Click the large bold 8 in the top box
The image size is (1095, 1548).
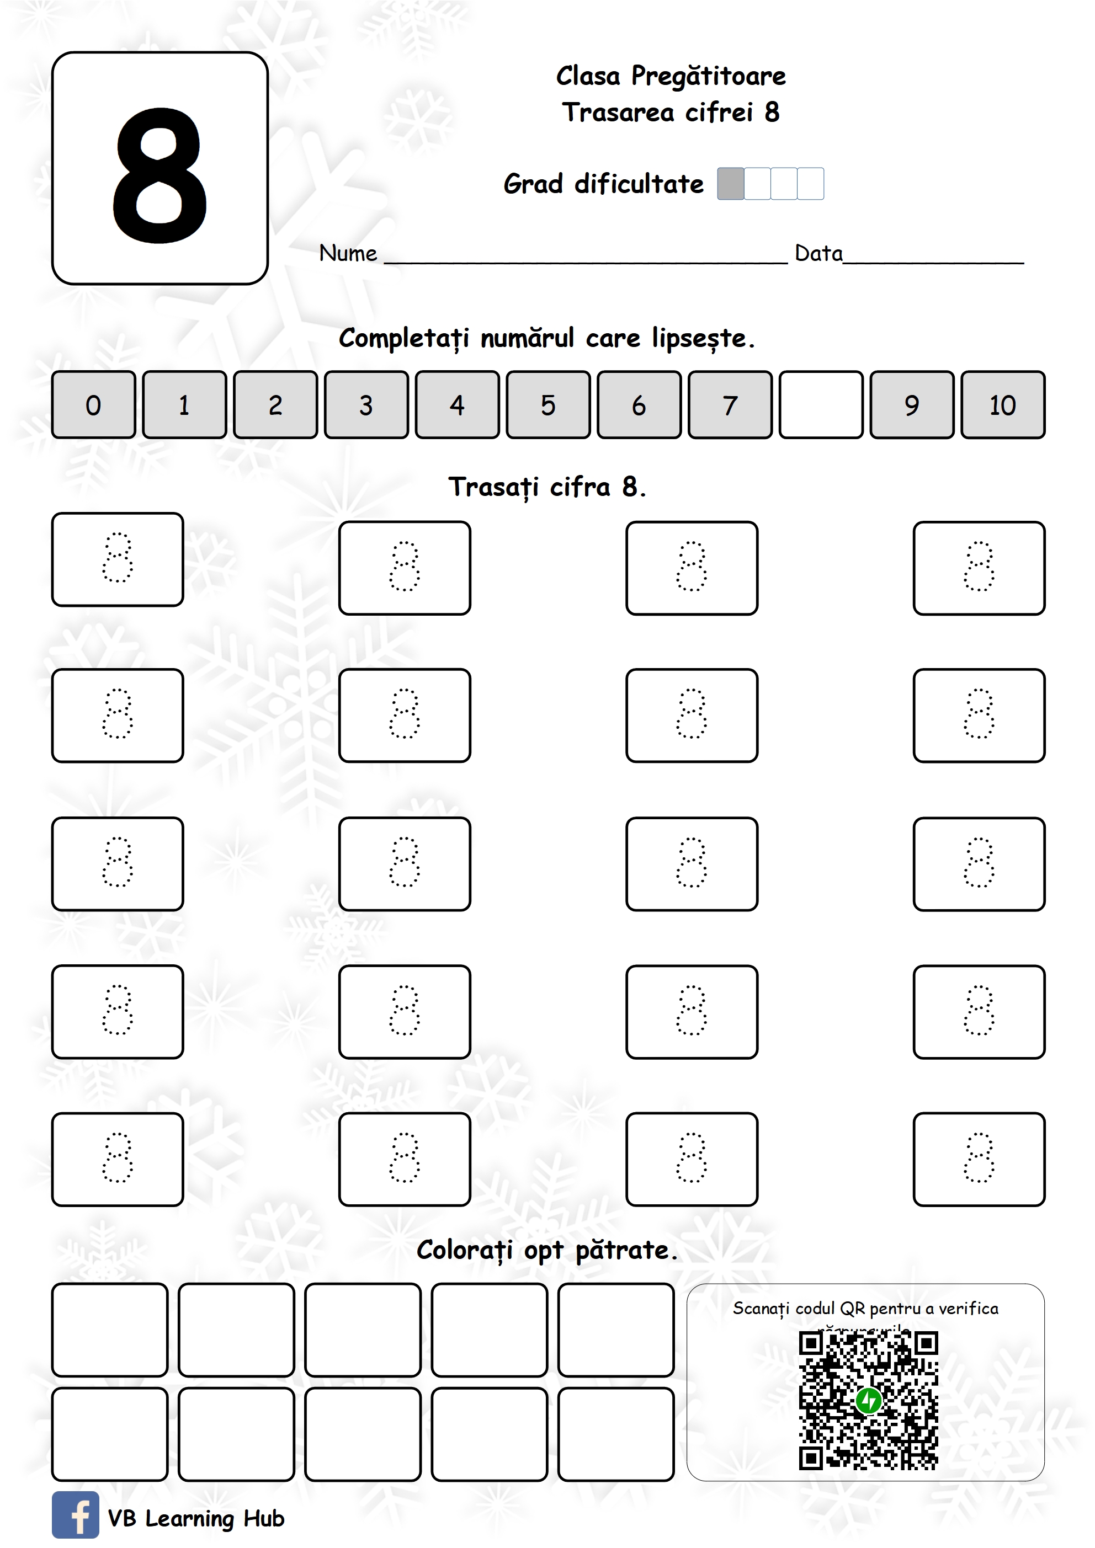pos(160,175)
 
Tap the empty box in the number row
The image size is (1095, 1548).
pos(820,404)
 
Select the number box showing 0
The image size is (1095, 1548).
pos(93,404)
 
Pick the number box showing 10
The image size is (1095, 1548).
pos(1003,404)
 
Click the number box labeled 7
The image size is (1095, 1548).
pos(730,404)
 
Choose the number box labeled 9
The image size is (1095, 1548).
pos(911,404)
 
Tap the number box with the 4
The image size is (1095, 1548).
pos(457,404)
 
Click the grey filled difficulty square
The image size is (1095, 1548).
pos(730,183)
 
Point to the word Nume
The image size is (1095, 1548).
pos(348,254)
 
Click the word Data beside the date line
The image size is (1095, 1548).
pos(818,254)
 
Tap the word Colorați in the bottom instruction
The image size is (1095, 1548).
pos(465,1251)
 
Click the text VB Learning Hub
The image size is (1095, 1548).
pos(196,1518)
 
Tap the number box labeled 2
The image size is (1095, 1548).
pos(275,404)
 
